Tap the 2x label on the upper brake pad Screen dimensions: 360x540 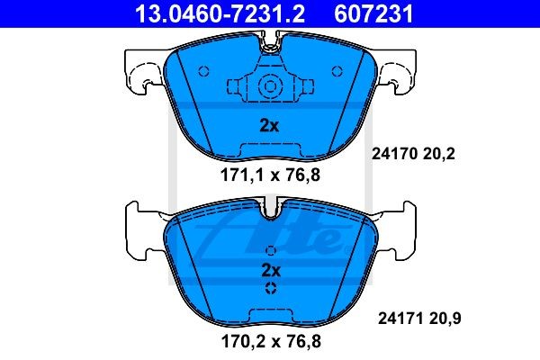click(269, 126)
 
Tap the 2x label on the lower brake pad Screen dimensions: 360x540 click(270, 270)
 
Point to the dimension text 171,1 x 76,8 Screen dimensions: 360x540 click(270, 175)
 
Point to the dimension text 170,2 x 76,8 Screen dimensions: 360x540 click(270, 341)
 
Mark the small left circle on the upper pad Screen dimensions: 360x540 click(203, 72)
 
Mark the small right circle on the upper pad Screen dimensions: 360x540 click(337, 72)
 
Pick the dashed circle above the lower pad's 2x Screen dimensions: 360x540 click(270, 251)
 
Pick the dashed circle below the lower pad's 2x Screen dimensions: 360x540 click(270, 289)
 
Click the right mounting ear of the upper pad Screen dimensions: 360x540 click(398, 72)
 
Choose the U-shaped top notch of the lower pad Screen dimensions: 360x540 click(270, 212)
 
